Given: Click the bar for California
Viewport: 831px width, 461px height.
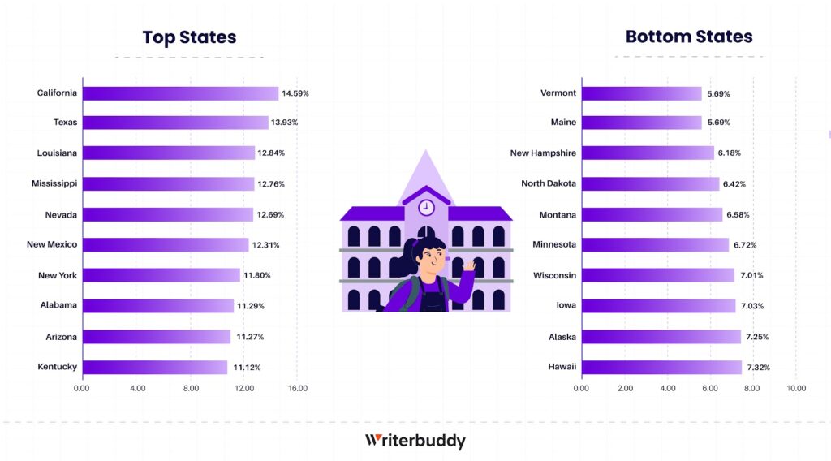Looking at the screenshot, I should click(180, 93).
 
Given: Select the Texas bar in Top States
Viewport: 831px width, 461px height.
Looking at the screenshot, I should click(175, 123).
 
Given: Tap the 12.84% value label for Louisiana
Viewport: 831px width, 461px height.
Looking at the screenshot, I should click(271, 153).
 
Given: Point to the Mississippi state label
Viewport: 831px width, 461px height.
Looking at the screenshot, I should click(54, 183).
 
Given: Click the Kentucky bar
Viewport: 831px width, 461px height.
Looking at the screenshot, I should click(155, 367).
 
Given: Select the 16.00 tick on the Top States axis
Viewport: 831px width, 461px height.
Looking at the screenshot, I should click(298, 389).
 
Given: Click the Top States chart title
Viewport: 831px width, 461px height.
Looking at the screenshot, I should click(189, 37).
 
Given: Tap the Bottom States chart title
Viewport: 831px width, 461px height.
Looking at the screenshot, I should click(689, 37).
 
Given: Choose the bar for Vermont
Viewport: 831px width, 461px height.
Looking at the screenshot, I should click(641, 93).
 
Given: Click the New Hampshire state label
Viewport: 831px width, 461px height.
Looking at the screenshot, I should click(543, 153).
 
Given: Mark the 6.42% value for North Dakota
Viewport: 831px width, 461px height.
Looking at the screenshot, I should click(734, 184).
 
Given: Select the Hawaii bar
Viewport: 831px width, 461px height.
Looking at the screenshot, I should click(661, 367).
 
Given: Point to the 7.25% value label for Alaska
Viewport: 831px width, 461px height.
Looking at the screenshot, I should click(756, 337).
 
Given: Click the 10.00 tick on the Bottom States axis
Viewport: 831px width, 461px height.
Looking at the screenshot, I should click(796, 389).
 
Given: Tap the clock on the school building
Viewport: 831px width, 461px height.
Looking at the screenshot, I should click(426, 207).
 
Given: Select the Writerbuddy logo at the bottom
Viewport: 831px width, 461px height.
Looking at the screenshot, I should click(415, 441).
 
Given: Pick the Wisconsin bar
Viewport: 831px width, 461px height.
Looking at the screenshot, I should click(657, 275).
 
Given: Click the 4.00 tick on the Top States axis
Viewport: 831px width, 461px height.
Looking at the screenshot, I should click(137, 389).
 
